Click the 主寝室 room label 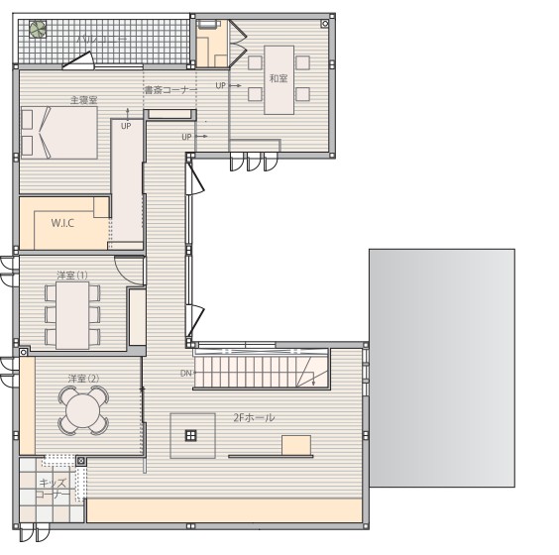click(83, 100)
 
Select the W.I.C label click(63, 224)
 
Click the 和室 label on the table click(278, 78)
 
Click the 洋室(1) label click(71, 275)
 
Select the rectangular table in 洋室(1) click(72, 313)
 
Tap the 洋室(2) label click(83, 379)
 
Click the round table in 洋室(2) click(82, 410)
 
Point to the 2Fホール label click(256, 418)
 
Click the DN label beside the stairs click(186, 374)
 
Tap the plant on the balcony click(38, 30)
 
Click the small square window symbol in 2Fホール click(191, 435)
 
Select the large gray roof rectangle click(462, 367)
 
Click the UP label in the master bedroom click(126, 126)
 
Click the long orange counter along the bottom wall click(226, 510)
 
